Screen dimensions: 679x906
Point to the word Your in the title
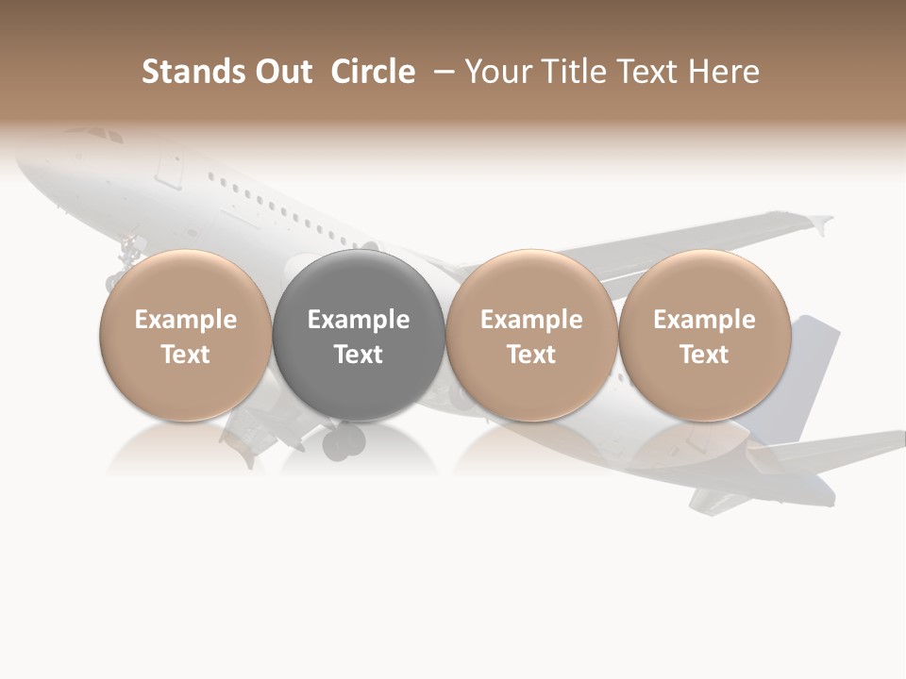(499, 72)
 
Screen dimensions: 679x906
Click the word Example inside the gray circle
(359, 320)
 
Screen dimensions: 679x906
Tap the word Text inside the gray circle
(359, 355)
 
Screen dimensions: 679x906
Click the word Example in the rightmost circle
(705, 320)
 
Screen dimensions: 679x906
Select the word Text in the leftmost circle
(186, 355)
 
